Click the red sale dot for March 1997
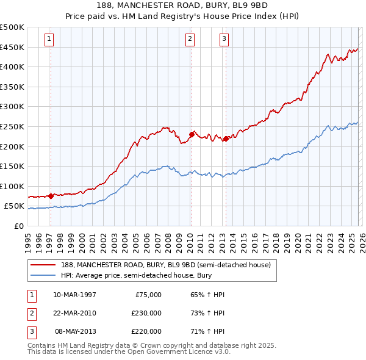(51, 196)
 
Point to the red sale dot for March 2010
(191, 134)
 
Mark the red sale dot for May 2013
(225, 139)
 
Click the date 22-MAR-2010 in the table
(74, 313)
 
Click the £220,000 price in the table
(146, 331)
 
